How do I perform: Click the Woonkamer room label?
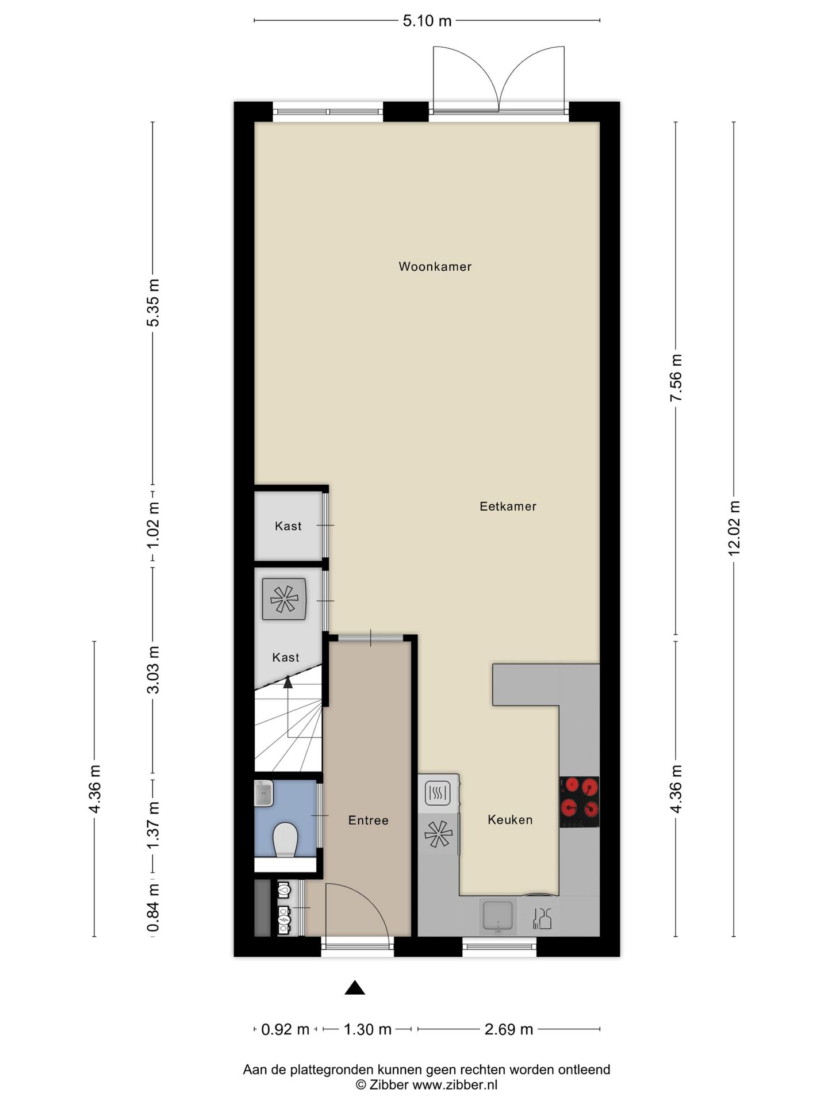(x=435, y=266)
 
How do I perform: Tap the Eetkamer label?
(x=508, y=506)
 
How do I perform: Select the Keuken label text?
(x=510, y=819)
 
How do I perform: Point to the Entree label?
(x=368, y=821)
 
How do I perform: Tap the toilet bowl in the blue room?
(x=285, y=839)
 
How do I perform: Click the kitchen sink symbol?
(x=497, y=915)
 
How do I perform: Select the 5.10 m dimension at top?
(x=427, y=21)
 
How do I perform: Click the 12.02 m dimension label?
(x=734, y=528)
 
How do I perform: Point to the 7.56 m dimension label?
(x=676, y=378)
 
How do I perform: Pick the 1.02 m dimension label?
(x=153, y=526)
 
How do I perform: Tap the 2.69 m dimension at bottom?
(x=508, y=1029)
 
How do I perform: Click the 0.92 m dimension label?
(x=285, y=1029)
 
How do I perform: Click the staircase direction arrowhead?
(x=287, y=683)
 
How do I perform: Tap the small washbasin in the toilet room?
(x=264, y=793)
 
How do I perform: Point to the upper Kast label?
(x=288, y=526)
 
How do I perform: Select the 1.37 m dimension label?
(x=153, y=825)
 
